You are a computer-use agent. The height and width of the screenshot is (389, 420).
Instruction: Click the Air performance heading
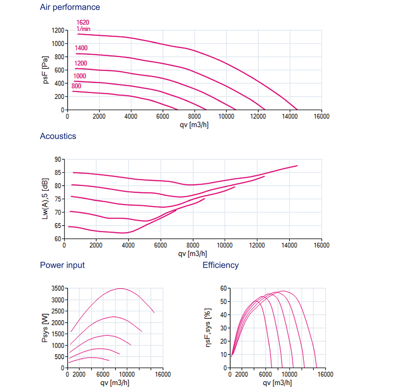point(70,7)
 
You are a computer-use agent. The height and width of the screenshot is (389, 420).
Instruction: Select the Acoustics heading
point(58,136)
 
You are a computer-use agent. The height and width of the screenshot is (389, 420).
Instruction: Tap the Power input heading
point(62,265)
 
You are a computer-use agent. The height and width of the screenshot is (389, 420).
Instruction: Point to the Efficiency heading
point(220,265)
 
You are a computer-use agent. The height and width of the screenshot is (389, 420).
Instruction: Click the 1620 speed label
point(83,22)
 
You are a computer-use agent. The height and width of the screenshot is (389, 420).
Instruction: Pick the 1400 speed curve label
point(81,48)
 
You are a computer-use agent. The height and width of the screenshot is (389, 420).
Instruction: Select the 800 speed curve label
point(76,86)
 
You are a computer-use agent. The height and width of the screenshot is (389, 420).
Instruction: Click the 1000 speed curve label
point(79,76)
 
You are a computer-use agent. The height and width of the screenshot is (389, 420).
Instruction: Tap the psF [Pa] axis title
point(46,70)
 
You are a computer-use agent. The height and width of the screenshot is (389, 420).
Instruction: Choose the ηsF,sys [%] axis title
point(209,328)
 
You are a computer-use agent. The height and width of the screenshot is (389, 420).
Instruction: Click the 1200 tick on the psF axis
point(58,30)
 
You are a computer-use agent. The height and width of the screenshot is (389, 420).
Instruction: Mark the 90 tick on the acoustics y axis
point(57,159)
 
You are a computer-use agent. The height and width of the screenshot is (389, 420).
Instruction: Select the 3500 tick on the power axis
point(58,288)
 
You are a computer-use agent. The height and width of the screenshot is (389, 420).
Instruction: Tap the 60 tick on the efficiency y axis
point(223,288)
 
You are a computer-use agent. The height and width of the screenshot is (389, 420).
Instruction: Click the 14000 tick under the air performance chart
point(290,116)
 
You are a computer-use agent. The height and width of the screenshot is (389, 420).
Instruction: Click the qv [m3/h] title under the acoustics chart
point(193,254)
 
